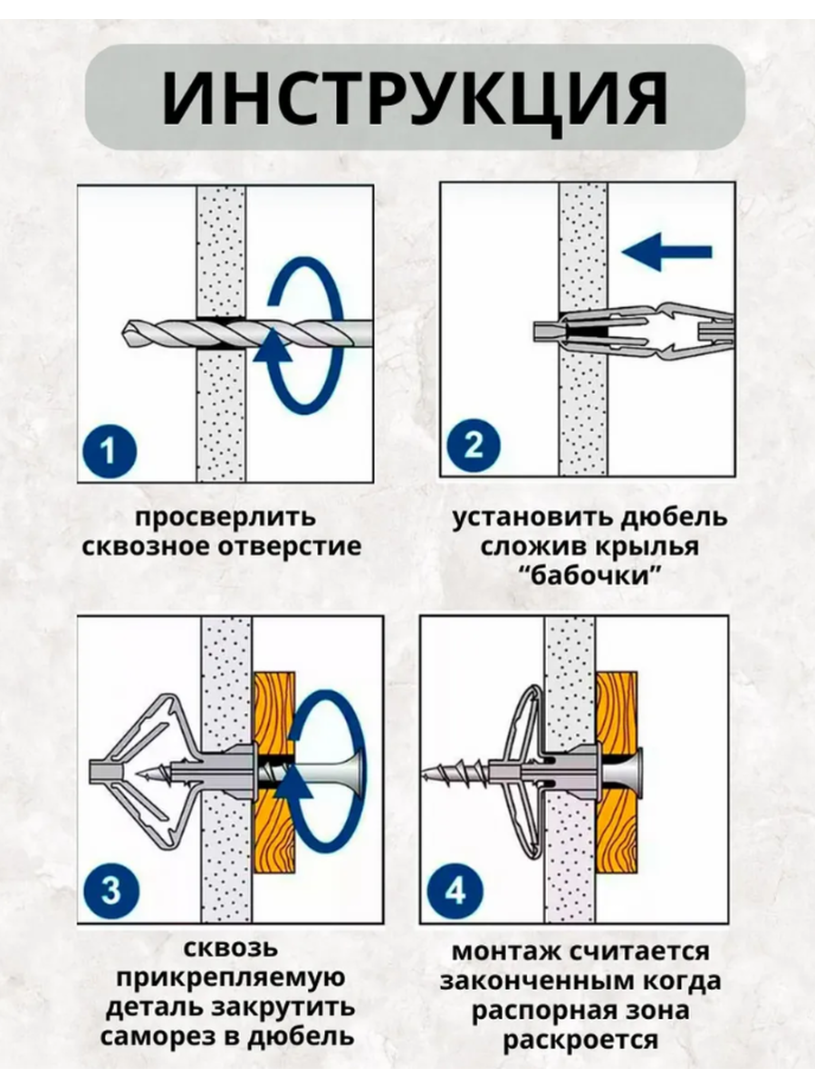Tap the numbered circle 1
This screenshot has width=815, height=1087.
(x=109, y=450)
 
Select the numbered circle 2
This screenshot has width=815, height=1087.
(x=474, y=446)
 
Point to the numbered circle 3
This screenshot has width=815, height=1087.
(x=110, y=890)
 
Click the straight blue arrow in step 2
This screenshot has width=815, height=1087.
(x=668, y=253)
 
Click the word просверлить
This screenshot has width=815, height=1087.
(x=226, y=519)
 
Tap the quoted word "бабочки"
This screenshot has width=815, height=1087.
(x=591, y=575)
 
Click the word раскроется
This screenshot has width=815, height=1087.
(x=580, y=1040)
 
